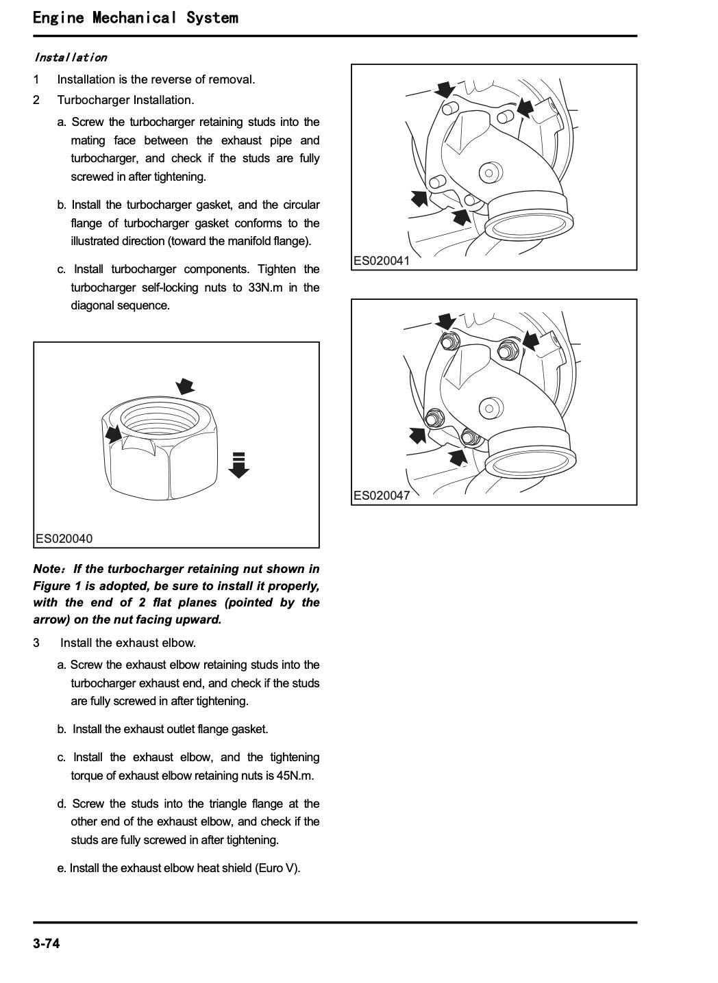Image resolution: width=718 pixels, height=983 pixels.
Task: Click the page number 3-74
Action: pyautogui.click(x=47, y=944)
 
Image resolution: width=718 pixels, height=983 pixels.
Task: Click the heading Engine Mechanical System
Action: pyautogui.click(x=136, y=18)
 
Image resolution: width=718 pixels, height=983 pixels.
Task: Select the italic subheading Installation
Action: pyautogui.click(x=71, y=58)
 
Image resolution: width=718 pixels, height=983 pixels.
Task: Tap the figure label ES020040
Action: pyautogui.click(x=64, y=539)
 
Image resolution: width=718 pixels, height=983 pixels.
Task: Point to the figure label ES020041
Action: pyautogui.click(x=382, y=261)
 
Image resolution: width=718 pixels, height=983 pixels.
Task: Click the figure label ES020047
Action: pyautogui.click(x=382, y=496)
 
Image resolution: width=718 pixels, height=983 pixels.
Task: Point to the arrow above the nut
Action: pyautogui.click(x=185, y=385)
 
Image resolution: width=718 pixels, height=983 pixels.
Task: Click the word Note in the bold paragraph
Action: pyautogui.click(x=47, y=569)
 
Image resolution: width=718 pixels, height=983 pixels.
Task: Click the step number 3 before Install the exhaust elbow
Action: pyautogui.click(x=36, y=643)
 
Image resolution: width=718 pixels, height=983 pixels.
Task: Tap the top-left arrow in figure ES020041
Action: pyautogui.click(x=445, y=89)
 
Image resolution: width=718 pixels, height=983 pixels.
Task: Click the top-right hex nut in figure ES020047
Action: pyautogui.click(x=506, y=348)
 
